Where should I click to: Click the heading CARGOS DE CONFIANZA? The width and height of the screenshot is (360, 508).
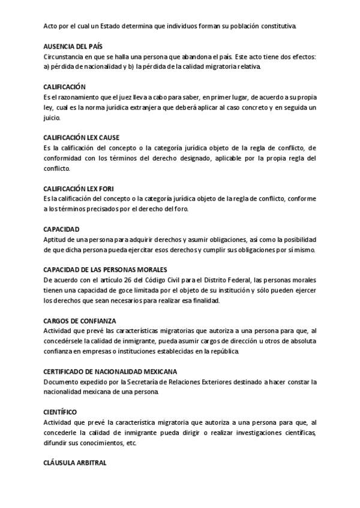(x=80, y=321)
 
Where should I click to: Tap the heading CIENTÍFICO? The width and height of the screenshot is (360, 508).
(x=60, y=412)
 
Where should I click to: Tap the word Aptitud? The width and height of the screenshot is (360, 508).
(x=55, y=239)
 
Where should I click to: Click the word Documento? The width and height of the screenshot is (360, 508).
(x=61, y=382)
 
